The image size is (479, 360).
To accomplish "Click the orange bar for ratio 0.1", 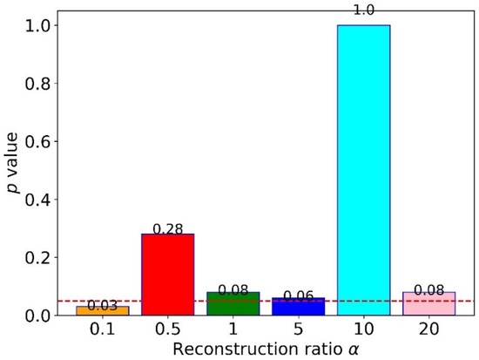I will pyautogui.click(x=102, y=310).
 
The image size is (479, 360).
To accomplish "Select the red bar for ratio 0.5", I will pyautogui.click(x=167, y=274).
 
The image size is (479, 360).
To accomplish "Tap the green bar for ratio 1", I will pyautogui.click(x=233, y=303).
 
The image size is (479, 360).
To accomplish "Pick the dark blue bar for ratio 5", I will pyautogui.click(x=298, y=306).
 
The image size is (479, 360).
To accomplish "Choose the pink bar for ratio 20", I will pyautogui.click(x=428, y=303).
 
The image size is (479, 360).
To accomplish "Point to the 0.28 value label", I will pyautogui.click(x=167, y=228).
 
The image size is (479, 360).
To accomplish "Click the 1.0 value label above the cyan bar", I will pyautogui.click(x=363, y=10).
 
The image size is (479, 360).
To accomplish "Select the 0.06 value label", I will pyautogui.click(x=298, y=297).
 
